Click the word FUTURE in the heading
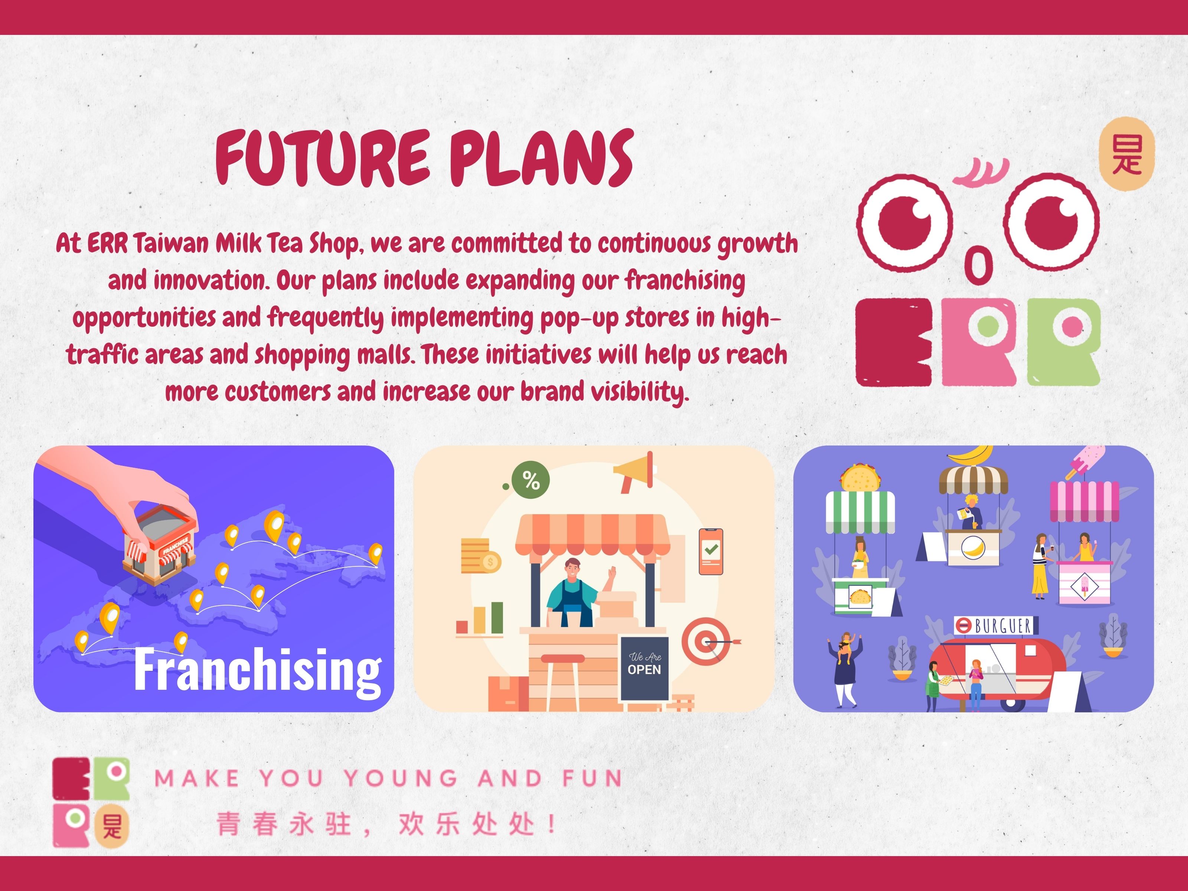point(322,159)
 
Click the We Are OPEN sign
point(644,669)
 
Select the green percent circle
point(530,480)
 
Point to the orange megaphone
point(635,471)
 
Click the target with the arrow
point(708,641)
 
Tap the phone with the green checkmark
point(711,552)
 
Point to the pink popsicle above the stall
point(1086,461)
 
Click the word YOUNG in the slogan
point(400,778)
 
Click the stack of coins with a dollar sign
point(480,556)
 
